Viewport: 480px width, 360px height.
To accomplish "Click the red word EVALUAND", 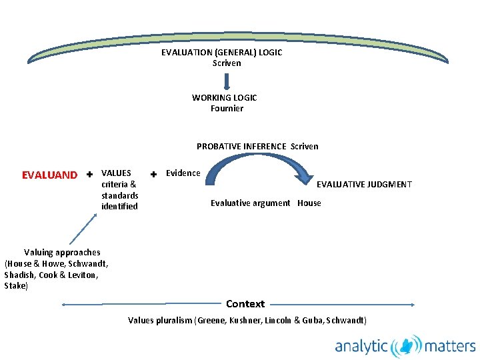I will pyautogui.click(x=49, y=175).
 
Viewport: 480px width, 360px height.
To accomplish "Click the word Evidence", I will pyautogui.click(x=183, y=173).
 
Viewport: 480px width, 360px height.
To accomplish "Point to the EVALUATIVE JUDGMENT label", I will pyautogui.click(x=364, y=184).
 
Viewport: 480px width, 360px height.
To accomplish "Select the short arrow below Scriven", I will pyautogui.click(x=227, y=81).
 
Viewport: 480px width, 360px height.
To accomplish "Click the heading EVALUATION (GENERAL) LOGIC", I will pyautogui.click(x=221, y=53).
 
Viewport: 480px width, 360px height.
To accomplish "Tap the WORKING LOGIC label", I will pyautogui.click(x=224, y=97).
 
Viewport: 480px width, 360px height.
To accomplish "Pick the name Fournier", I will pyautogui.click(x=227, y=108).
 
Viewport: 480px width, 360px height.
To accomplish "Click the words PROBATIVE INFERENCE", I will pyautogui.click(x=241, y=146).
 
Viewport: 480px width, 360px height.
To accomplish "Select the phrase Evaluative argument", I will pyautogui.click(x=251, y=203).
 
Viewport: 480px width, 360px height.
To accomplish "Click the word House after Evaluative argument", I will pyautogui.click(x=309, y=203).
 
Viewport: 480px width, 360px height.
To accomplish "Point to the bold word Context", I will pyautogui.click(x=245, y=303).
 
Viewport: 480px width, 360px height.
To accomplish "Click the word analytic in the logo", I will pyautogui.click(x=361, y=346).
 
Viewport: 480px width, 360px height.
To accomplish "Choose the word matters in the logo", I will pyautogui.click(x=450, y=346).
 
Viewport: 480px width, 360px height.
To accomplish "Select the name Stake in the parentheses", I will pyautogui.click(x=15, y=286).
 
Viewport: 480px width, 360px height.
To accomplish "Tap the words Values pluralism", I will pyautogui.click(x=160, y=321).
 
